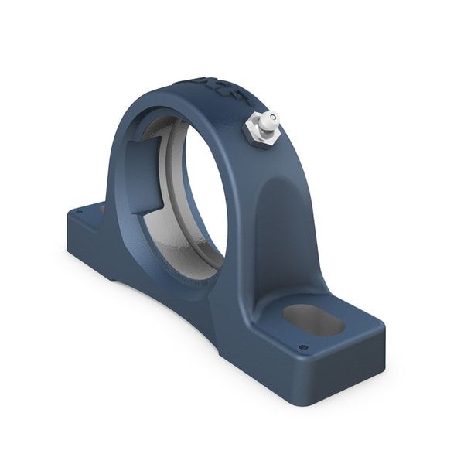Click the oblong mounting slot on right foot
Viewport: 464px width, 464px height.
click(313, 319)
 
